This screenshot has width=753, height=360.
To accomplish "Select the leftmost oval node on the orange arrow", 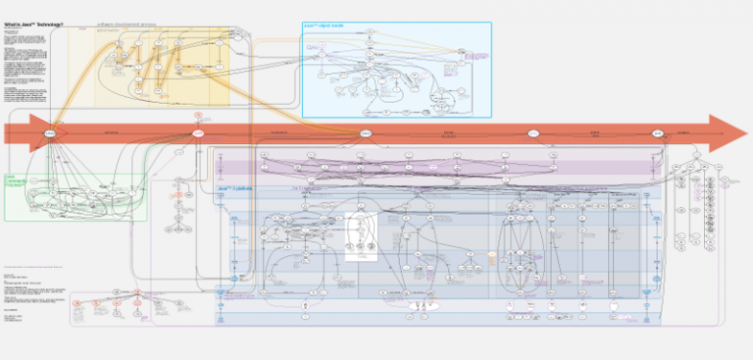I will (x=48, y=132).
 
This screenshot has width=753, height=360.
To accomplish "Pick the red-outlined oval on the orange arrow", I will (x=197, y=132).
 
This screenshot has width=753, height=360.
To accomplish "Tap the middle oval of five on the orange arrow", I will (x=365, y=132).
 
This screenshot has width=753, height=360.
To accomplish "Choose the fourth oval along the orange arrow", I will (x=533, y=132).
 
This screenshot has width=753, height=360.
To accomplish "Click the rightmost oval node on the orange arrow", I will (x=657, y=132).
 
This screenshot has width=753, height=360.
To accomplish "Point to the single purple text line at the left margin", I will (x=34, y=266).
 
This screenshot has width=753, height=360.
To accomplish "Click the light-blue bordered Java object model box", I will (x=396, y=69).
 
